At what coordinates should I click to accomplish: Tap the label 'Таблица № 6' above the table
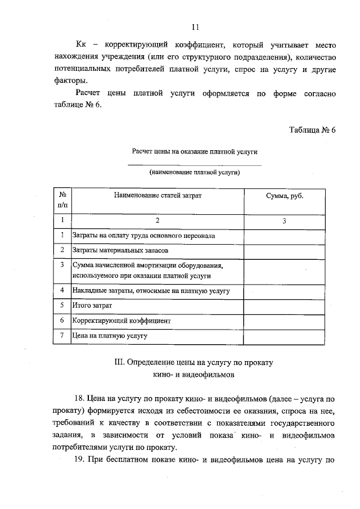pos(312,129)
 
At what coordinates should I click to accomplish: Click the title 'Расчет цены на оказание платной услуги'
pos(195,151)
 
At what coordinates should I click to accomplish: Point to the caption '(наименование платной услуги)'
pos(195,172)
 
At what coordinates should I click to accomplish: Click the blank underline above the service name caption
pos(195,165)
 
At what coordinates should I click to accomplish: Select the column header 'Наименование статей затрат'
pos(157,195)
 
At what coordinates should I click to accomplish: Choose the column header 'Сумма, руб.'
pos(284,195)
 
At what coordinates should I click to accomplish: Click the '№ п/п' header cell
pos(62,200)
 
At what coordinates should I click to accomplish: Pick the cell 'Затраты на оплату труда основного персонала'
pos(143,236)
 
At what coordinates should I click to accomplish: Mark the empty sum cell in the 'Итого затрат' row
pos(284,305)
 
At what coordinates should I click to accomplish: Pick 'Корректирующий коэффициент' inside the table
pos(121,320)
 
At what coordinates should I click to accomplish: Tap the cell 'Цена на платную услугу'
pos(110,335)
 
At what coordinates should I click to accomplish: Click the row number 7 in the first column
pos(62,335)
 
